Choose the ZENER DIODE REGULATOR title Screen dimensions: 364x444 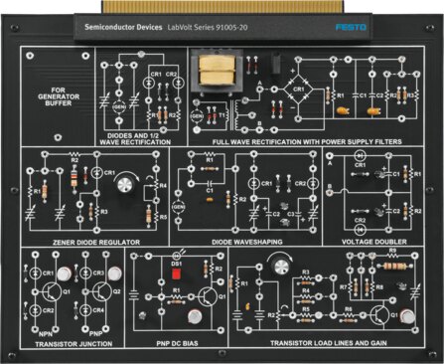[82, 241]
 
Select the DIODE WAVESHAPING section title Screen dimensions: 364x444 [233, 241]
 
